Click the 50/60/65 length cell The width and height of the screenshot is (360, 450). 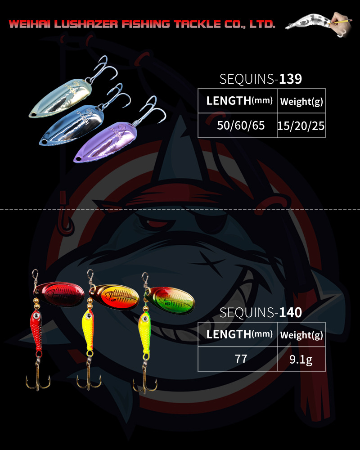click(x=237, y=126)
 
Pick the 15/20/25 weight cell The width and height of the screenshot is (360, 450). click(x=301, y=126)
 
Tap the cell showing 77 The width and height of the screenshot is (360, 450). click(x=237, y=359)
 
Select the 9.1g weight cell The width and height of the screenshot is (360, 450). click(x=301, y=359)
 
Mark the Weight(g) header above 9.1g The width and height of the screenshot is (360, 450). click(x=301, y=335)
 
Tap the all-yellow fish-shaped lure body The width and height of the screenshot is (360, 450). click(x=87, y=331)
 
